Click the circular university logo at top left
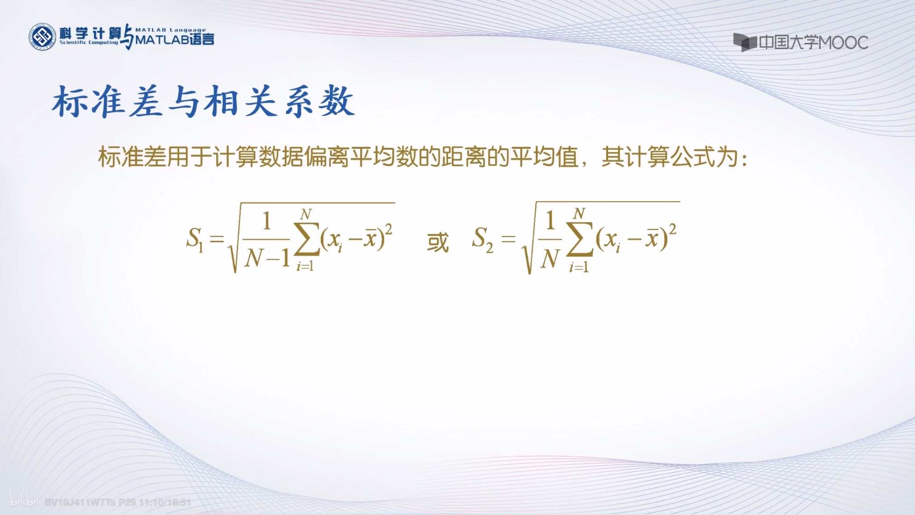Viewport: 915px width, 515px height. tap(43, 37)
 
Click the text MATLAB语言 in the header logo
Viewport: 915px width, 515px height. tap(175, 40)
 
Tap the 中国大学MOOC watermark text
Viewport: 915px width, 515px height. tap(813, 43)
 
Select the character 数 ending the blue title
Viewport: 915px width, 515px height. tap(337, 102)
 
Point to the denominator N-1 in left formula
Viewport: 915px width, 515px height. tap(267, 258)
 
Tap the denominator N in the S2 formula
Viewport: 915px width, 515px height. tap(550, 258)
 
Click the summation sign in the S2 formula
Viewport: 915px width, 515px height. tap(579, 239)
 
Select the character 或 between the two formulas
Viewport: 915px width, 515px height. tap(437, 242)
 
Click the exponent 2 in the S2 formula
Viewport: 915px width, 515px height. tap(672, 229)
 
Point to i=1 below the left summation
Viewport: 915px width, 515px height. tap(305, 267)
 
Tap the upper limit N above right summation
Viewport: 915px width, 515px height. tap(579, 214)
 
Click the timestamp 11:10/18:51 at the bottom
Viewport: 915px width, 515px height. tap(165, 502)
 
